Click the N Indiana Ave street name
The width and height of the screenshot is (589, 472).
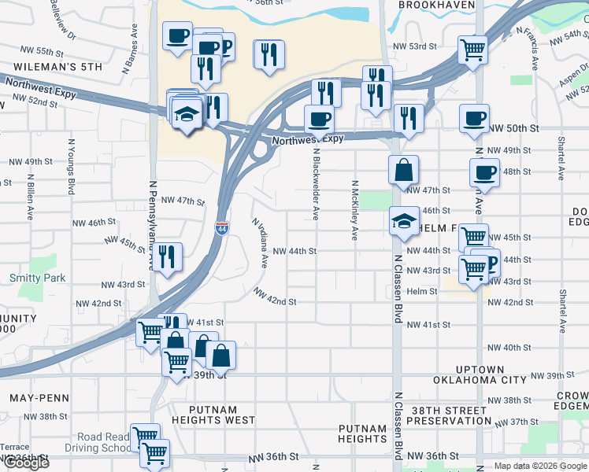[x=260, y=242]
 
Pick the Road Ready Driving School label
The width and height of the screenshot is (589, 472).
[x=103, y=443]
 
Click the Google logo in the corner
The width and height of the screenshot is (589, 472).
[x=25, y=463]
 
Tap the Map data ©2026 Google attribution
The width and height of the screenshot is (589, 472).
[x=540, y=466]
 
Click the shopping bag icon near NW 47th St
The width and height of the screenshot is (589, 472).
[x=403, y=170]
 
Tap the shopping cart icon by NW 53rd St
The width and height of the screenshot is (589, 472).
[x=472, y=49]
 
